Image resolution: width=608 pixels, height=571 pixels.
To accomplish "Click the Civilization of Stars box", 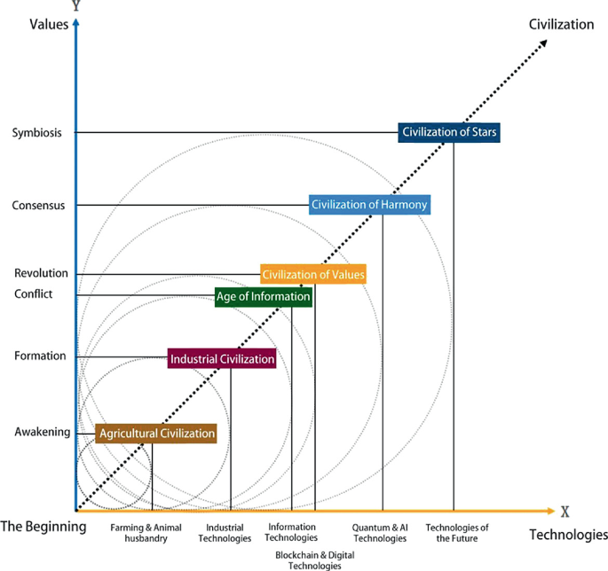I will coord(449,132).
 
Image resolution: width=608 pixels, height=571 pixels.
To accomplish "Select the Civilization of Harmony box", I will coord(369,204).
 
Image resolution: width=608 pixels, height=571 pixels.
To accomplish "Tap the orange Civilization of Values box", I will coord(313,274).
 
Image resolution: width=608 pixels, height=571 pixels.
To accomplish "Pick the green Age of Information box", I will coord(264,297).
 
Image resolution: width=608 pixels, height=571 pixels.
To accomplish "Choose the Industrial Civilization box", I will coord(223,359).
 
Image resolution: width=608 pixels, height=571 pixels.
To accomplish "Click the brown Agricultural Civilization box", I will coord(157,434).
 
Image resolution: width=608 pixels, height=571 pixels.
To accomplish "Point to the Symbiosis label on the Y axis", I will coord(37,133).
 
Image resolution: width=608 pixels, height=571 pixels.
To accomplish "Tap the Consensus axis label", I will coord(39,206).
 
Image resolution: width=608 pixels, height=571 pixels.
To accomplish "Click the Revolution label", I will coord(41,274).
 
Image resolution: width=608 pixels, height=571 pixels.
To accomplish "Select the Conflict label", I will coord(34,294).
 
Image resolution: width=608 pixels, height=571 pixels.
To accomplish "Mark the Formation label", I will coord(40,356).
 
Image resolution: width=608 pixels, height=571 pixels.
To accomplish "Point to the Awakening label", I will coord(42,432).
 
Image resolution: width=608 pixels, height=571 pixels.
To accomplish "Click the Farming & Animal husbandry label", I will coord(146,532).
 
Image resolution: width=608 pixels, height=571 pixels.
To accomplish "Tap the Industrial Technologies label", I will coord(225,532).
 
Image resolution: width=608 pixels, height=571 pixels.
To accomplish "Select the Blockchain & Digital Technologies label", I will coord(308,559).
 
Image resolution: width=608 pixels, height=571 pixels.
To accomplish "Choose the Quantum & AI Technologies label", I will coord(380,532).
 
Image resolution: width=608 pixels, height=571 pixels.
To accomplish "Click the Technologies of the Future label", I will coord(457,532).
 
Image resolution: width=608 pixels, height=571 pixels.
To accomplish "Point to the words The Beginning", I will coord(43,526).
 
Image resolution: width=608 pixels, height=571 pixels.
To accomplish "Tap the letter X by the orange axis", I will coord(564,512).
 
